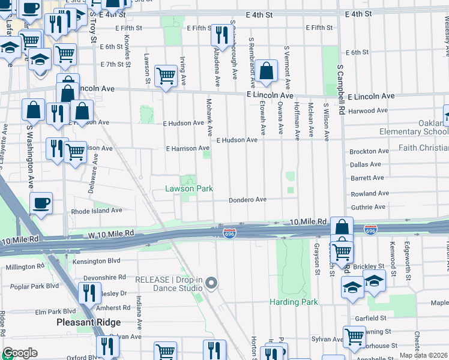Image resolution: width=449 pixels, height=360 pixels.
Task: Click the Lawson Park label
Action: tap(189, 188)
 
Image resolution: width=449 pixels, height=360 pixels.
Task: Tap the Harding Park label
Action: tap(294, 302)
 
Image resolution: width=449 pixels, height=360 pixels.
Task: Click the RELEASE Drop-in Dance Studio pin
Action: tap(211, 283)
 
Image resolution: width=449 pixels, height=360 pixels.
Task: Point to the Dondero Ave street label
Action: tap(247, 200)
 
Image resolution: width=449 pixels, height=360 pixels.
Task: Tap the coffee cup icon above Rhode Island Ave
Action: tap(41, 203)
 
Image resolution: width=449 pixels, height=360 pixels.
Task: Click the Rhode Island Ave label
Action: tap(97, 211)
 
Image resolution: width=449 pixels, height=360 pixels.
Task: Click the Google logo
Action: tap(19, 353)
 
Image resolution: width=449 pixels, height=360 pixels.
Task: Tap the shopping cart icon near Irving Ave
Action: tap(166, 76)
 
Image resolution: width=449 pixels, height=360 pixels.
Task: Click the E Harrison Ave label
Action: tap(187, 148)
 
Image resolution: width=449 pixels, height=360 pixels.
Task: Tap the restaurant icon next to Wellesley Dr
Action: tap(89, 292)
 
